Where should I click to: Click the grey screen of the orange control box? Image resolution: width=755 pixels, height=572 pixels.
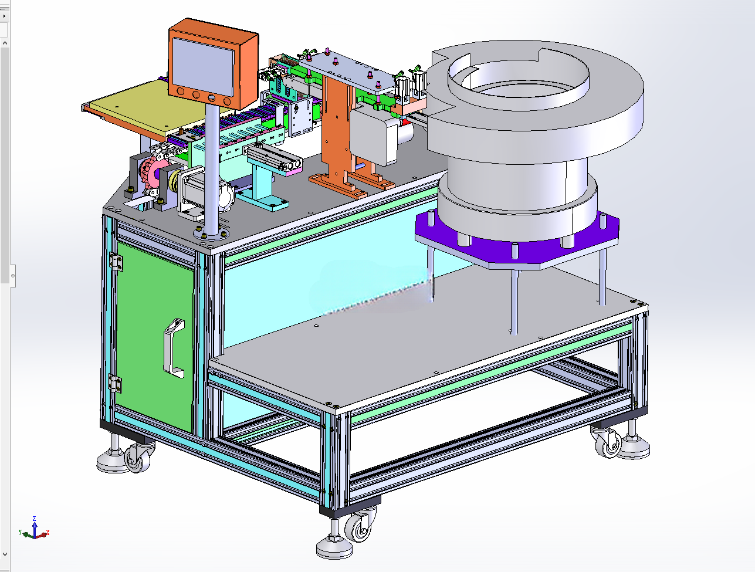point(204,66)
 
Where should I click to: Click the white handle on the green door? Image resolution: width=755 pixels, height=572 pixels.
point(174,347)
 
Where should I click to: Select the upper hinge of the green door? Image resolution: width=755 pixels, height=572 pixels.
point(116,262)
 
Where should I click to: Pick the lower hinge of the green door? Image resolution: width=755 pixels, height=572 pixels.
point(115,383)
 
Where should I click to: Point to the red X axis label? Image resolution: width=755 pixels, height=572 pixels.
point(48,533)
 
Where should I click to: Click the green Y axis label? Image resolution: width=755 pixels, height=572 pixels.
point(21,532)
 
